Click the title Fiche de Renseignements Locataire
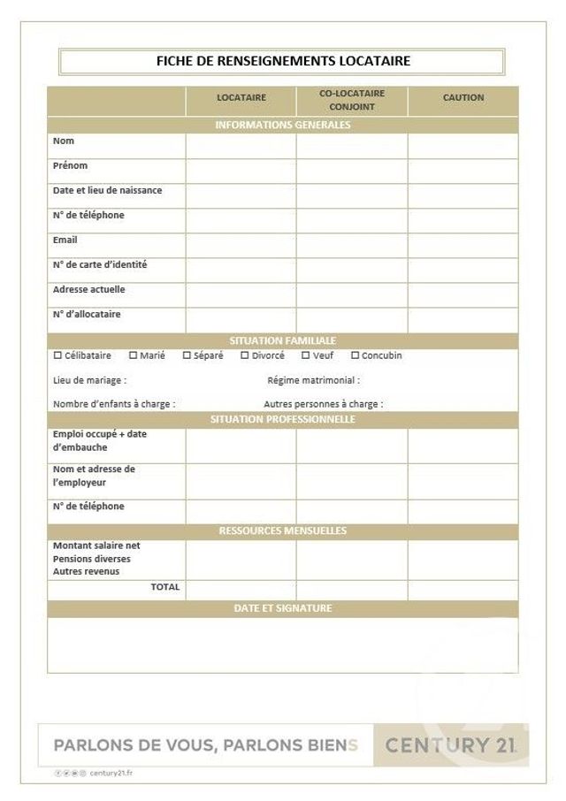pyautogui.click(x=283, y=61)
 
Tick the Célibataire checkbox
pyautogui.click(x=58, y=355)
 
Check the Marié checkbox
pyautogui.click(x=134, y=355)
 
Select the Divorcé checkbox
pyautogui.click(x=245, y=355)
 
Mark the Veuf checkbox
pyautogui.click(x=306, y=355)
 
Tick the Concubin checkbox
pyautogui.click(x=356, y=355)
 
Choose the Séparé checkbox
pyautogui.click(x=187, y=355)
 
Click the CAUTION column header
pyautogui.click(x=463, y=98)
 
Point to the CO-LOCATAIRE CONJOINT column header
pyautogui.click(x=352, y=100)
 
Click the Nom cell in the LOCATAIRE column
pyautogui.click(x=241, y=146)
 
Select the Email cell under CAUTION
pyautogui.click(x=463, y=245)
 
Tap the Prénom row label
pyautogui.click(x=71, y=165)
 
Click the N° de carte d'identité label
pyautogui.click(x=100, y=264)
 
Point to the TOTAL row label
pyautogui.click(x=165, y=587)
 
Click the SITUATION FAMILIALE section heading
pyautogui.click(x=283, y=340)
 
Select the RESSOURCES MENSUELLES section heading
pyautogui.click(x=283, y=530)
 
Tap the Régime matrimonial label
pyautogui.click(x=314, y=380)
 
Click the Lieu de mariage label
pyautogui.click(x=89, y=380)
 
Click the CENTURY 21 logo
pyautogui.click(x=451, y=745)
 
